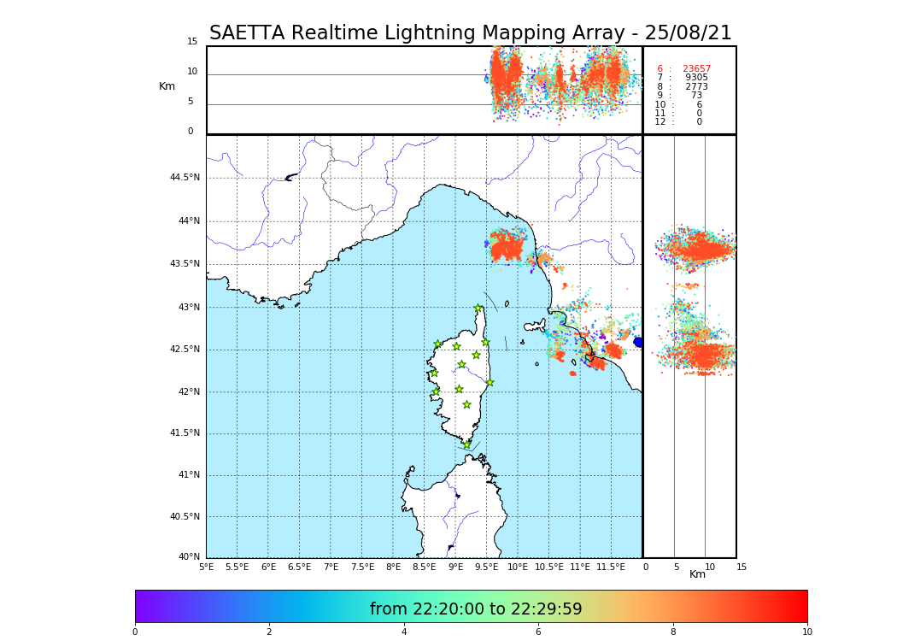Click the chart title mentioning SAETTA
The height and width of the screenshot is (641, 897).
click(470, 33)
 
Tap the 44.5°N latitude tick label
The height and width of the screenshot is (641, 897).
click(185, 178)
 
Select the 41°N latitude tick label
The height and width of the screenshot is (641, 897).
click(189, 475)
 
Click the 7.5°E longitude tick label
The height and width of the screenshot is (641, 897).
click(362, 567)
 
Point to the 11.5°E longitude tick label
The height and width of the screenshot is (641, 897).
click(611, 567)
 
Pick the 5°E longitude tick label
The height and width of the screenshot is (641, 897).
click(206, 567)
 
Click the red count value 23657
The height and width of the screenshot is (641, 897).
click(696, 69)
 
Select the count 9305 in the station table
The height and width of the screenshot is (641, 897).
click(696, 78)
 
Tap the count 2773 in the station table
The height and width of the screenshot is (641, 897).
click(696, 87)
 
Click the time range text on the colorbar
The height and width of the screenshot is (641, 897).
click(476, 609)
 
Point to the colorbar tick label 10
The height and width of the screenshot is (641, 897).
click(806, 632)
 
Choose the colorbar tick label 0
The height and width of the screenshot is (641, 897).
click(135, 632)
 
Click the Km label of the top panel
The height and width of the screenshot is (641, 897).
click(167, 86)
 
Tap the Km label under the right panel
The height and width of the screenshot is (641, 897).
click(697, 574)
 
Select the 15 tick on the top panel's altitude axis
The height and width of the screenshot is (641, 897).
click(192, 42)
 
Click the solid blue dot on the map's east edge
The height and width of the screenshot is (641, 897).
click(638, 342)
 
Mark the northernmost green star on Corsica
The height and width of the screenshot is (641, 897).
click(478, 309)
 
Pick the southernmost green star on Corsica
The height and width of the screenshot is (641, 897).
click(466, 444)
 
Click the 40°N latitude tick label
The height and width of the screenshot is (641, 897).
click(189, 557)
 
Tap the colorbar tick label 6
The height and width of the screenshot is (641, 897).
click(538, 632)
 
